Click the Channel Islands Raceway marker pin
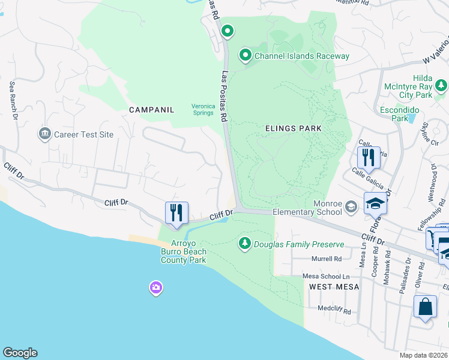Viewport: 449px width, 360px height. tap(246, 56)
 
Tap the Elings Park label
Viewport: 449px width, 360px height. tap(294, 128)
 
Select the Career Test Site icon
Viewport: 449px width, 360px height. tap(44, 134)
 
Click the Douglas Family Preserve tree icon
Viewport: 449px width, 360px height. tap(244, 243)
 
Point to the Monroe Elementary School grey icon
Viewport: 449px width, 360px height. tap(351, 208)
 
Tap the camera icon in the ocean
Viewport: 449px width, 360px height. tap(155, 289)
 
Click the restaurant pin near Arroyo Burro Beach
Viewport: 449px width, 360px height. tap(176, 214)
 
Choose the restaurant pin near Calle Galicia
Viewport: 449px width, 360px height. tap(369, 158)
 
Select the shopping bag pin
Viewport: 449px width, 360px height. tap(425, 307)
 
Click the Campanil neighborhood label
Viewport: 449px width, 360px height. tap(151, 110)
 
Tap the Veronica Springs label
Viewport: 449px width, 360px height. tap(203, 109)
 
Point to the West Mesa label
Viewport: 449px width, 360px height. tap(334, 287)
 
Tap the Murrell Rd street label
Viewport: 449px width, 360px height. tap(326, 259)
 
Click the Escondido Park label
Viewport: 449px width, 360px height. tap(394, 114)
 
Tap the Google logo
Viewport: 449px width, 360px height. tap(20, 353)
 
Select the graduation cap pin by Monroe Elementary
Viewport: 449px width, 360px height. tap(375, 204)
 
